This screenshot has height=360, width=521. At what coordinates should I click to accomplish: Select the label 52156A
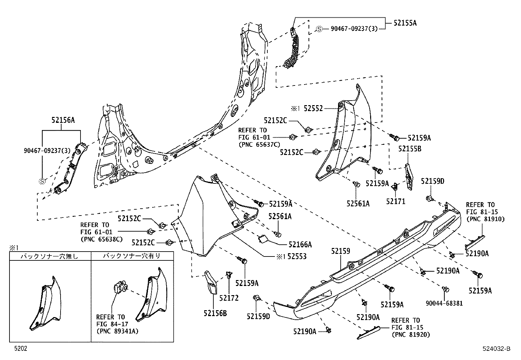[x=63, y=120]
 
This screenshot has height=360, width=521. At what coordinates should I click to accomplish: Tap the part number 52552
[x=313, y=108]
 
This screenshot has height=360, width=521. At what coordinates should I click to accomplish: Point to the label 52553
[x=297, y=256]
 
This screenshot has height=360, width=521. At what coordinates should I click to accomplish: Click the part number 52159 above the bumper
[x=340, y=251]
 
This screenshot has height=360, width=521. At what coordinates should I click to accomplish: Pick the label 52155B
[x=410, y=149]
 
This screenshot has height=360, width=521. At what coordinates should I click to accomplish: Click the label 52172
[x=229, y=298]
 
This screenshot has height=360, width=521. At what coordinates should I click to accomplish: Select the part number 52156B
[x=215, y=313]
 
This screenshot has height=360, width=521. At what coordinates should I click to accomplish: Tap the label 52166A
[x=300, y=244]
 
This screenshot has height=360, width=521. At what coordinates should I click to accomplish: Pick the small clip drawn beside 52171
[x=395, y=187]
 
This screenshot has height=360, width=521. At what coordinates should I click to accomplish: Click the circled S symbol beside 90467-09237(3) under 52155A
[x=319, y=29]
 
